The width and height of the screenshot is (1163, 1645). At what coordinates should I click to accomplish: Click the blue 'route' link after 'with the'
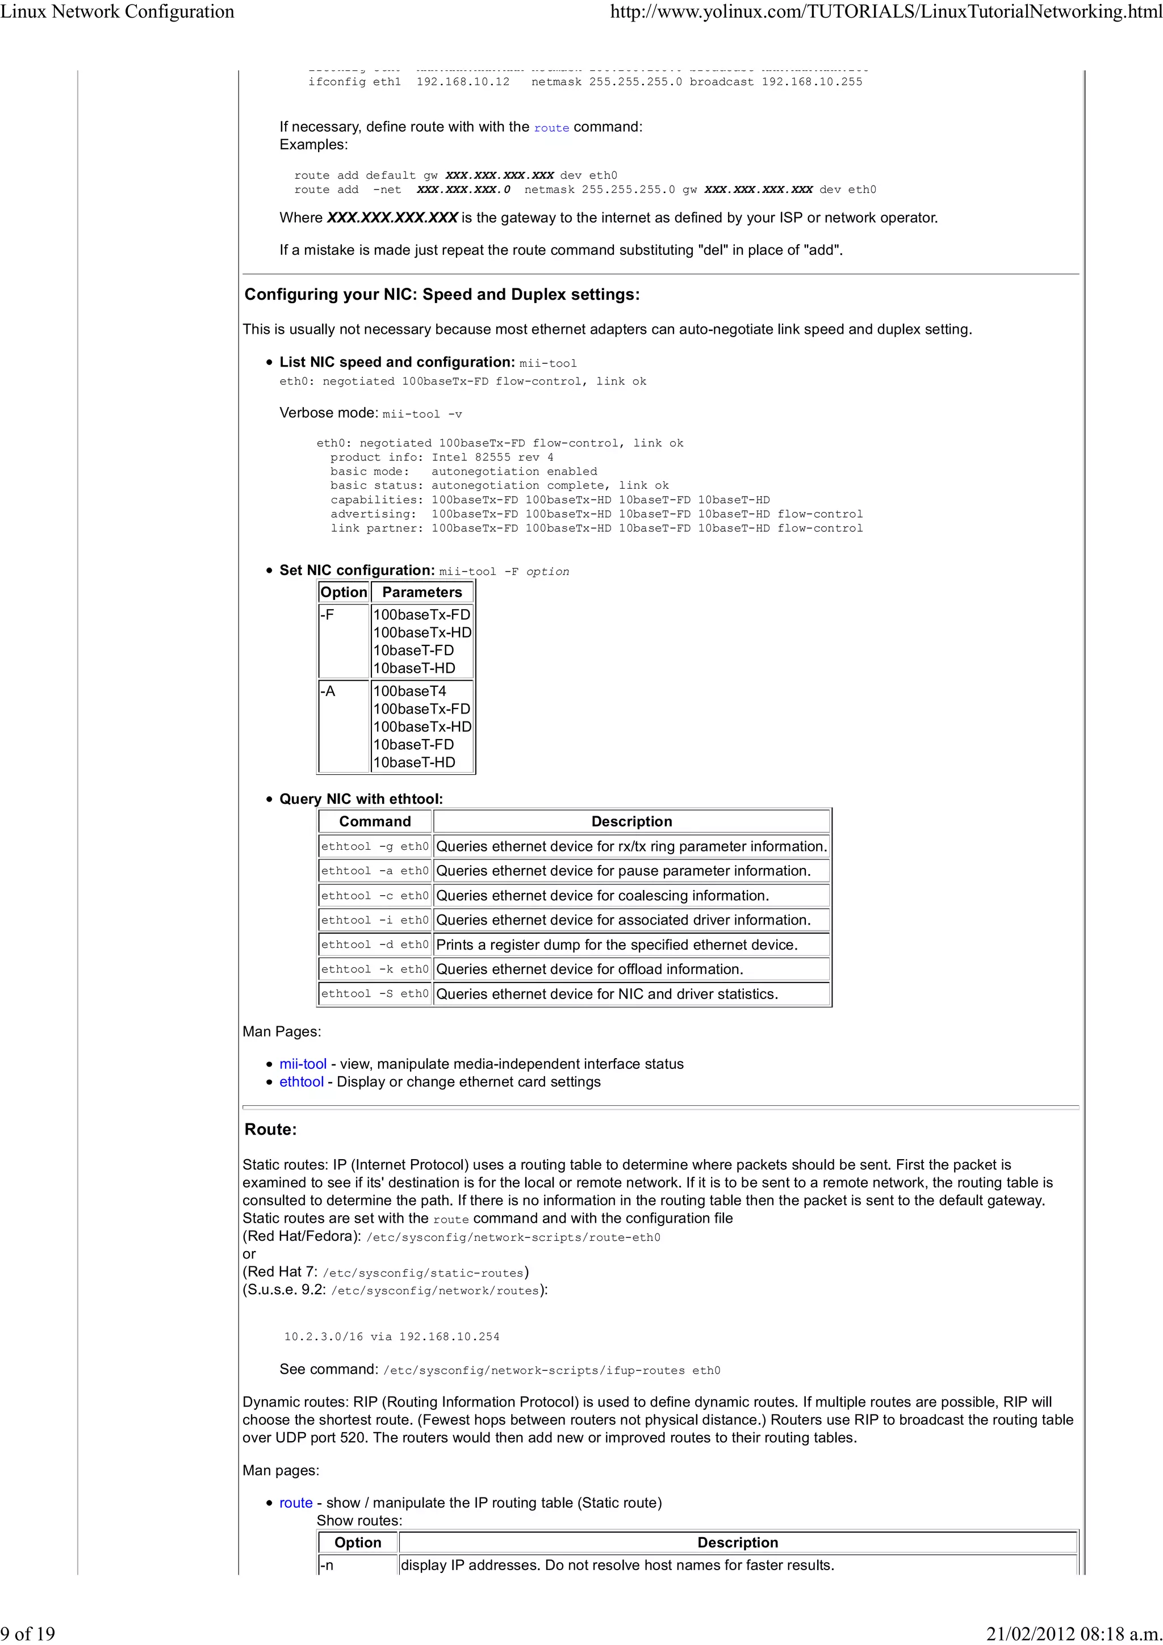[x=551, y=128]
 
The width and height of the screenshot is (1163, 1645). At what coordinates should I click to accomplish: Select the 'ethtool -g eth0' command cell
[x=375, y=846]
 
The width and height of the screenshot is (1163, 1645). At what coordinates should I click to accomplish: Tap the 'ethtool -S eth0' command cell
[x=375, y=994]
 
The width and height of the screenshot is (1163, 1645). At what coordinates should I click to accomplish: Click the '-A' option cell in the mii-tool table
[x=328, y=691]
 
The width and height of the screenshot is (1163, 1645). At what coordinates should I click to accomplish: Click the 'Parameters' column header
[x=421, y=593]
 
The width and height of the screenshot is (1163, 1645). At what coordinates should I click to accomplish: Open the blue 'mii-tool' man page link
[x=303, y=1064]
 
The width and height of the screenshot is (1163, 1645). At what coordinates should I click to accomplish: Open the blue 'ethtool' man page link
[x=301, y=1082]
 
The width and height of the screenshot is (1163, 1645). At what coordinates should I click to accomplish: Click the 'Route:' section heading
[x=270, y=1130]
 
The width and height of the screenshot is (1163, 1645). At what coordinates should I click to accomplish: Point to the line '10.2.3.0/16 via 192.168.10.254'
[x=391, y=1337]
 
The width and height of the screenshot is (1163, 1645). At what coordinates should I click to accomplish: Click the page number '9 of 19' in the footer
[x=27, y=1634]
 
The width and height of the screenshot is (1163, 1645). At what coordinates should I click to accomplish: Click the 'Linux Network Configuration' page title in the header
[x=118, y=11]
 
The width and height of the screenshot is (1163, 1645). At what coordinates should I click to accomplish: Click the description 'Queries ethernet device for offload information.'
[x=589, y=970]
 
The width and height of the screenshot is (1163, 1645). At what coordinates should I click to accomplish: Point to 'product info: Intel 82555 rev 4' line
[x=441, y=457]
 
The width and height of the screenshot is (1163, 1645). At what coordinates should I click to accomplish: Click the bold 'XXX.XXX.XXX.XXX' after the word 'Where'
[x=392, y=218]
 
